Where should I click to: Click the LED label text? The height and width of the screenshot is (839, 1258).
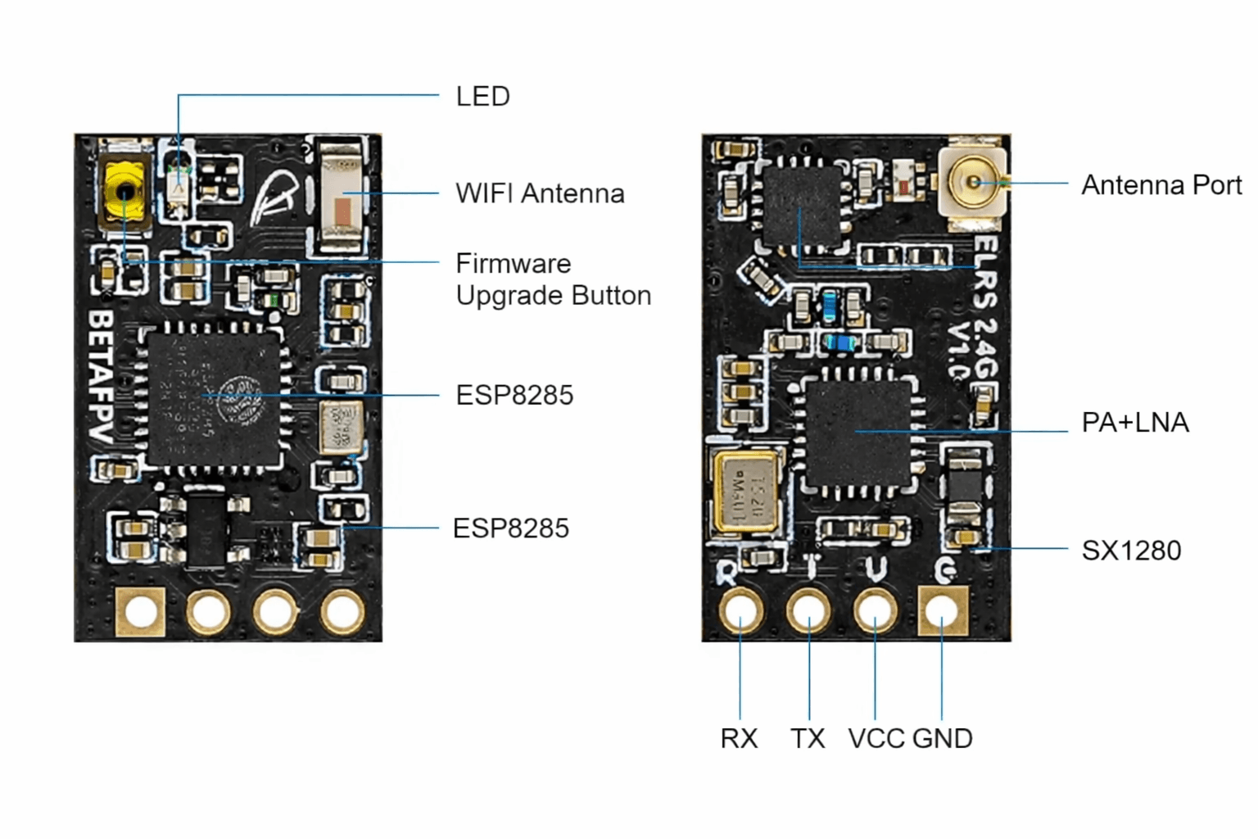(482, 97)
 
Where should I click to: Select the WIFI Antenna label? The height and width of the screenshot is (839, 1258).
(540, 193)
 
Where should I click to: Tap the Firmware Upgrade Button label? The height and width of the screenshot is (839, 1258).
(553, 279)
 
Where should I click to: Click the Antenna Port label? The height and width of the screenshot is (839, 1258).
(1161, 185)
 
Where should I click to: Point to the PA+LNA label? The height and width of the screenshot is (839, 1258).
(1134, 423)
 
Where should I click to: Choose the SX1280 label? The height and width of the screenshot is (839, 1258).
(1131, 551)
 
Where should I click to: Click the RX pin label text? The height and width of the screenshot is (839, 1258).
(739, 738)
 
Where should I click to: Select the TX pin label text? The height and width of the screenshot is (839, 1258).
(808, 738)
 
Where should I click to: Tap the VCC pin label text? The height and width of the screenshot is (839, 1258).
(876, 738)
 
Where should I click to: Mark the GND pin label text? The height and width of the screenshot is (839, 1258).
(942, 738)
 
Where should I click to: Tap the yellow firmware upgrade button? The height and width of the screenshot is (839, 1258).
(124, 193)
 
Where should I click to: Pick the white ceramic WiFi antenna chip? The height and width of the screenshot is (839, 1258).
(342, 197)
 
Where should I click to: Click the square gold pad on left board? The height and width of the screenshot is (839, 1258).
(141, 611)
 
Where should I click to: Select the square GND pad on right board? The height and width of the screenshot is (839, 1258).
(943, 611)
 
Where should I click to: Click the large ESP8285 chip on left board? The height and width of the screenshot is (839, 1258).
(214, 397)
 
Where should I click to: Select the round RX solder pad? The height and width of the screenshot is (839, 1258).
(741, 611)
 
